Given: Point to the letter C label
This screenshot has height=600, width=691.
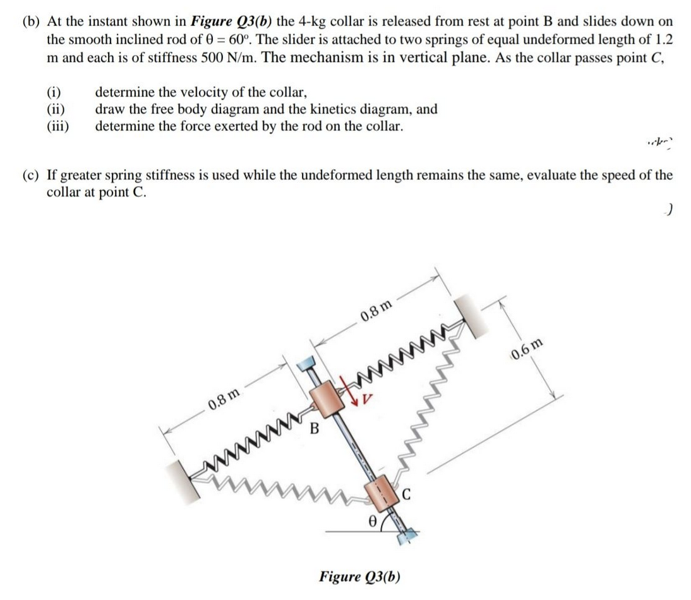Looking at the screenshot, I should [x=407, y=495].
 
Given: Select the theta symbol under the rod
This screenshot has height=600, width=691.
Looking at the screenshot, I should [x=373, y=523].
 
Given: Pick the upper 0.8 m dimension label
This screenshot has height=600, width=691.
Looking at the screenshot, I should [x=376, y=309].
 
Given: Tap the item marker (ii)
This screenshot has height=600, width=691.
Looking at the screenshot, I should [x=58, y=109].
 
